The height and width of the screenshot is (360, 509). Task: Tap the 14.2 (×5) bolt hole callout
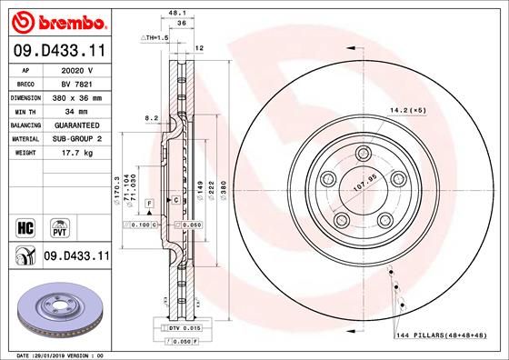407,110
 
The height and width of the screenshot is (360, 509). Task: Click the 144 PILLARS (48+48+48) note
445,336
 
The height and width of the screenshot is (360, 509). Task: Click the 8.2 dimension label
153,117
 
